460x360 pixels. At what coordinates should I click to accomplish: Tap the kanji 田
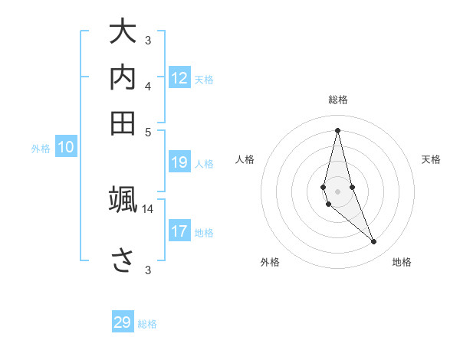[x=123, y=123]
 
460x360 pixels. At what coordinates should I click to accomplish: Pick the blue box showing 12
[x=179, y=78]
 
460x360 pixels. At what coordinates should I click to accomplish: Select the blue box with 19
[x=179, y=162]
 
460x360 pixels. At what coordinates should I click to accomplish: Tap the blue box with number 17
[x=179, y=231]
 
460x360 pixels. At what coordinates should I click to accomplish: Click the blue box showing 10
[x=66, y=148]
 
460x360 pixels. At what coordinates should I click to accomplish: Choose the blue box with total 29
[x=123, y=322]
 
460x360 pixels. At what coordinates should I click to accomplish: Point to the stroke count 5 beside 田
[x=148, y=131]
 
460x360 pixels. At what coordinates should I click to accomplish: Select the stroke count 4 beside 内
[x=148, y=87]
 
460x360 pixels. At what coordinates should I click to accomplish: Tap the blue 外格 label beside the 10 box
[x=41, y=149]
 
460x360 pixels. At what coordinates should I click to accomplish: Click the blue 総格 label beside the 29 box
[x=148, y=323]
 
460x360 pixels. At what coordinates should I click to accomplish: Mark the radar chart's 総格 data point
[x=337, y=130]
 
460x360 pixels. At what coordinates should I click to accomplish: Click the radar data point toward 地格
[x=373, y=242]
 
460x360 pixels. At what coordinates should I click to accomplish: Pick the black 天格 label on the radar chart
[x=431, y=159]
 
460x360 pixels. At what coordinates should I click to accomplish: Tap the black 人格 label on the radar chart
[x=245, y=159]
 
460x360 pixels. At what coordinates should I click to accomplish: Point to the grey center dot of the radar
[x=337, y=191]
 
